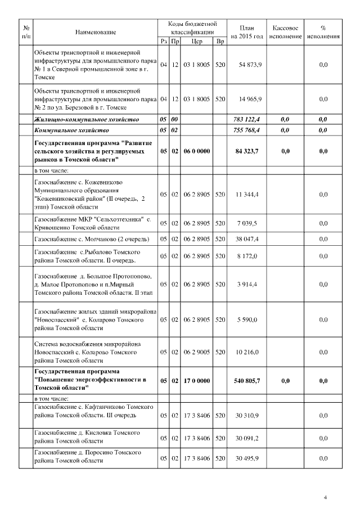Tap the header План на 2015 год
pyautogui.click(x=247, y=32)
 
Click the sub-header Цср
pyautogui.click(x=196, y=41)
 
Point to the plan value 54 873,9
pyautogui.click(x=249, y=65)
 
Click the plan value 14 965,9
pyautogui.click(x=249, y=99)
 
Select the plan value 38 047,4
pyautogui.click(x=247, y=238)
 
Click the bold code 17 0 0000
pyautogui.click(x=196, y=381)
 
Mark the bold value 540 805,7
pyautogui.click(x=247, y=381)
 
